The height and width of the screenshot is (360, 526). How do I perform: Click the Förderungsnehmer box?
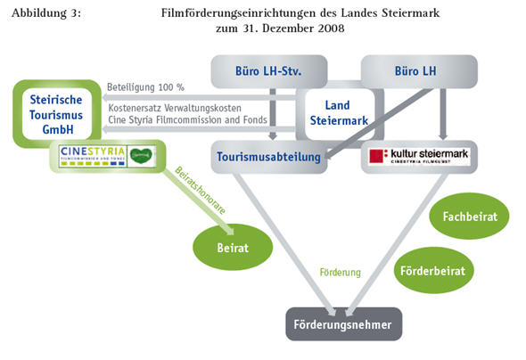tap(343, 324)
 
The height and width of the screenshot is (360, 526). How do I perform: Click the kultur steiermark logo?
tap(419, 158)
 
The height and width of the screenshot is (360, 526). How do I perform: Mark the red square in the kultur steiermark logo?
tap(378, 157)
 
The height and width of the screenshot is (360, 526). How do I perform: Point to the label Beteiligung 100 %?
tap(144, 87)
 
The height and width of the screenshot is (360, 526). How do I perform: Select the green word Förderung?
tap(341, 273)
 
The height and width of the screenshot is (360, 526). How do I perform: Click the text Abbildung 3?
tap(48, 12)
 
